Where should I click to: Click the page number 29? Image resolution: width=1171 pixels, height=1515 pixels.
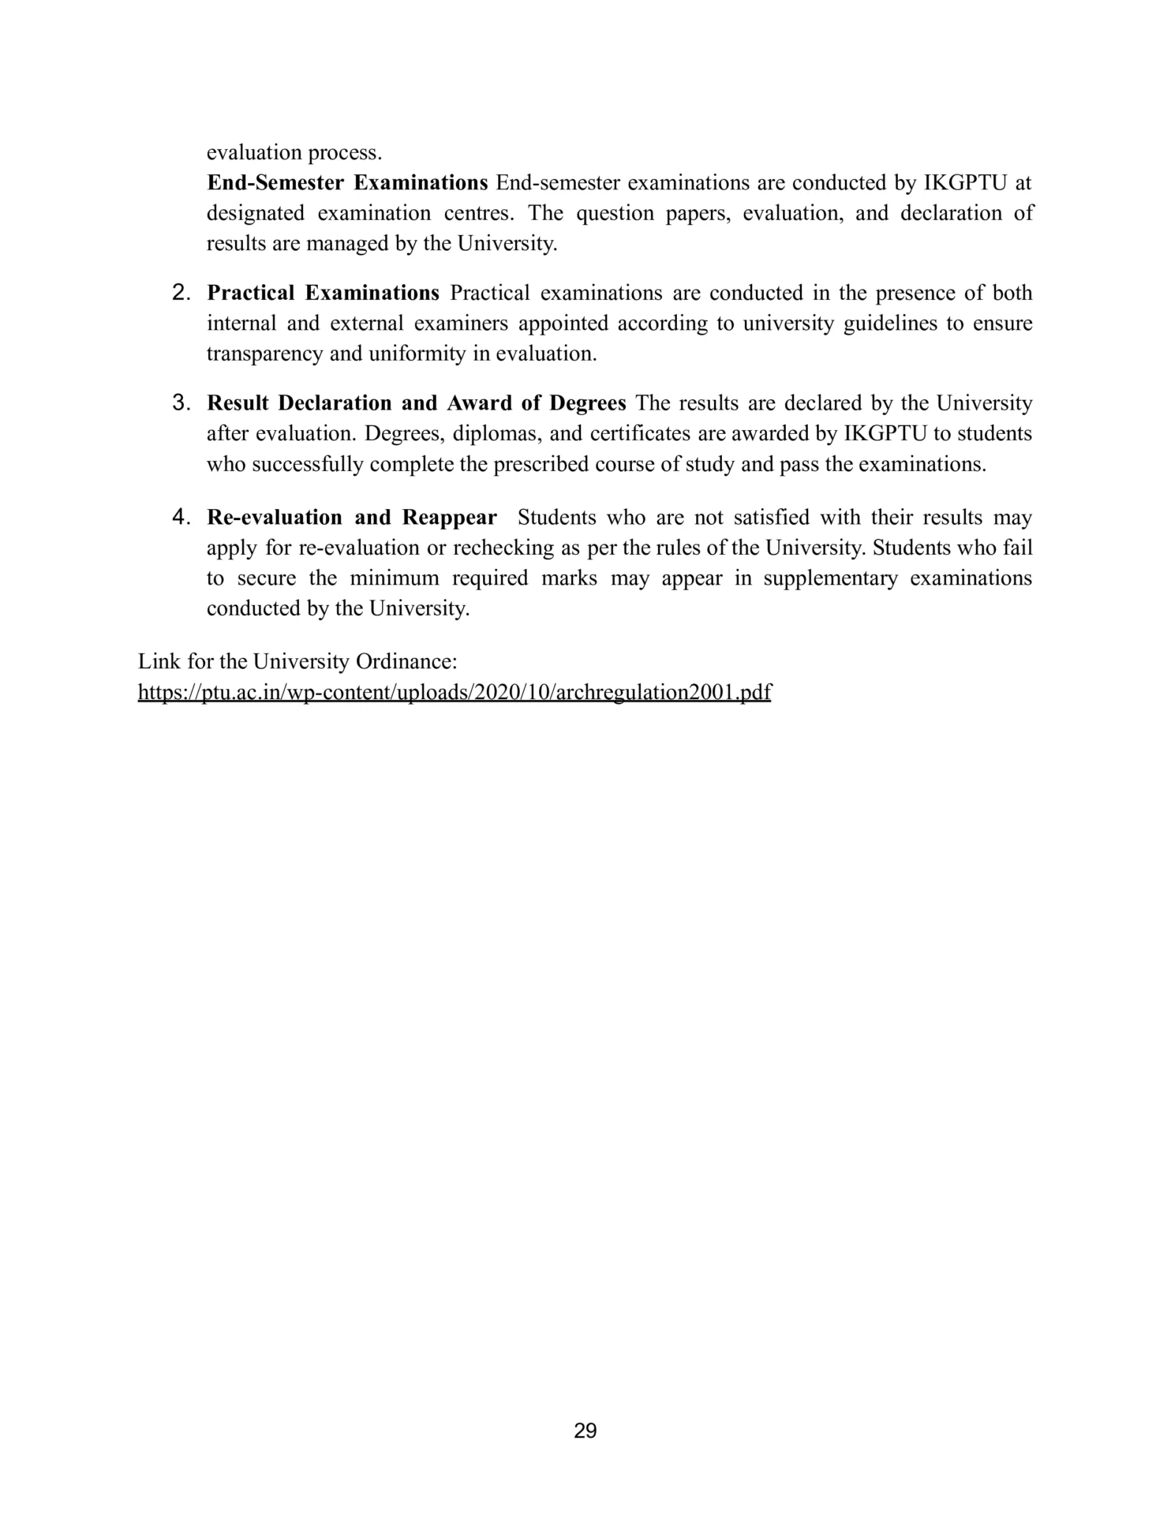point(585,1431)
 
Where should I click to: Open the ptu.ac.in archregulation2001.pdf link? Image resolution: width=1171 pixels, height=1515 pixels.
point(455,692)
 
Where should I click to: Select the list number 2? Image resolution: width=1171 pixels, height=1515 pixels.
point(181,293)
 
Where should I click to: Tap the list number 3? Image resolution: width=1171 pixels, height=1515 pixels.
point(181,403)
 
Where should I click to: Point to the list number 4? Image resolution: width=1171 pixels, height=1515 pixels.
point(181,518)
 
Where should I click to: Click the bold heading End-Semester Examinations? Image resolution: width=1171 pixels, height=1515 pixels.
point(347,183)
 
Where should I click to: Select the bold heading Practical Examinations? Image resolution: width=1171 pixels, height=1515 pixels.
point(323,294)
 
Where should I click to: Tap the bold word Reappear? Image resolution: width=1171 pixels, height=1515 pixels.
point(450,518)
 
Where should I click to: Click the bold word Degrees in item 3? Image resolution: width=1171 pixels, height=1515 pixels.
point(588,403)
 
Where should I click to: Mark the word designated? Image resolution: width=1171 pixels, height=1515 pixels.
point(255,214)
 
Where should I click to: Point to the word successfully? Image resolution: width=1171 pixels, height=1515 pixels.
point(309,465)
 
